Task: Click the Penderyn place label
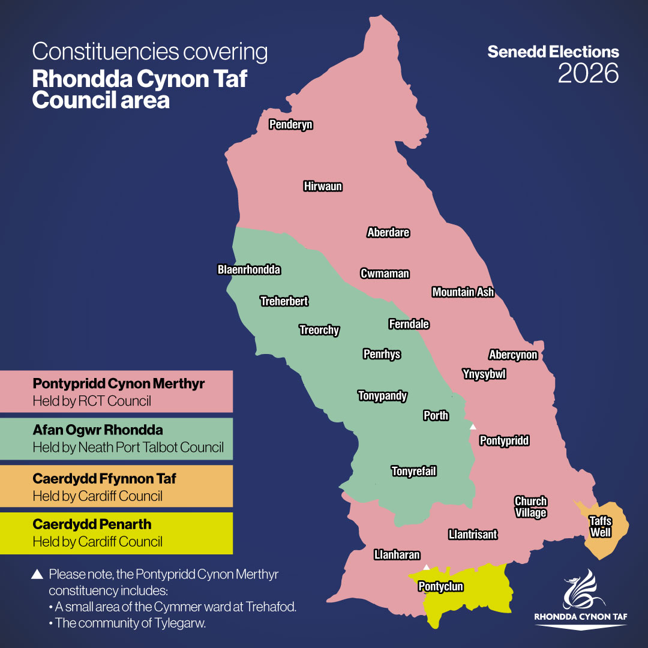coord(291,125)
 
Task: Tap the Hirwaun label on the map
coord(323,187)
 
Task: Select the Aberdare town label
coord(388,233)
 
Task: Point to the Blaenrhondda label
coord(249,270)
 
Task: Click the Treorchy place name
coord(319,330)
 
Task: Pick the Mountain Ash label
coord(463,292)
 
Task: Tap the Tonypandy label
coord(383,396)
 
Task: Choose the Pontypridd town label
coord(505,441)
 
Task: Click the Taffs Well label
coord(600,527)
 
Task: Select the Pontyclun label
coord(440,587)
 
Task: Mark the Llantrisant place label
coord(473,535)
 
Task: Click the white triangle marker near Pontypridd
coord(473,427)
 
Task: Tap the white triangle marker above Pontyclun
coord(426,567)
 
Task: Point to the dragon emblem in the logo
coord(581,590)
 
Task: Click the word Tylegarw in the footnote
coord(180,623)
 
